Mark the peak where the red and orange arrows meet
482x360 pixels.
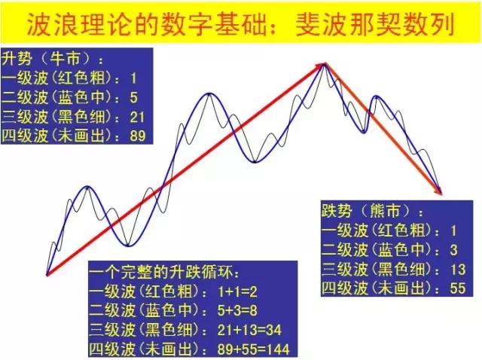pyautogui.click(x=325, y=64)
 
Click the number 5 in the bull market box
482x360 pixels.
pyautogui.click(x=133, y=97)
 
